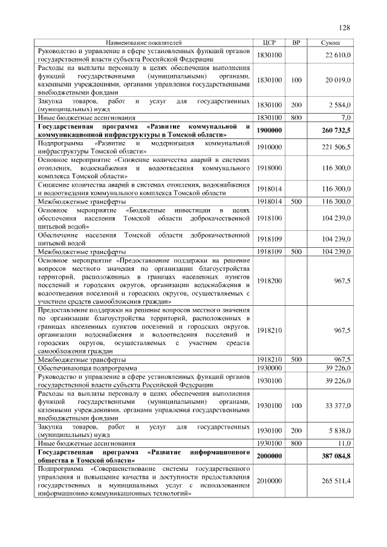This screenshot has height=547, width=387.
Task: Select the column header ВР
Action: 296,44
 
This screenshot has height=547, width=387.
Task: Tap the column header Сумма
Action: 330,44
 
